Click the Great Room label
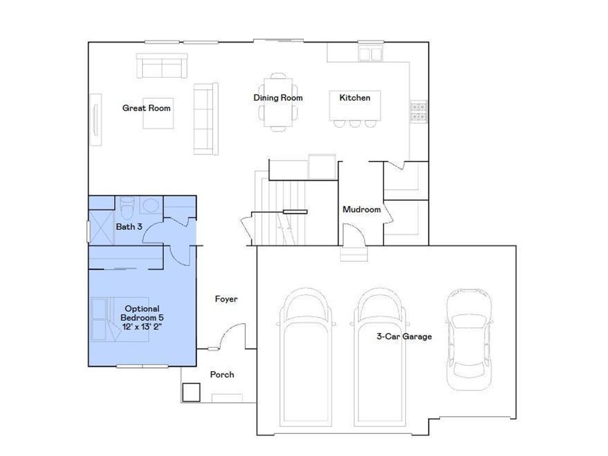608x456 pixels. pos(146,108)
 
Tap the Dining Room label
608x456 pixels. pos(278,98)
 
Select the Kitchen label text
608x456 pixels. pos(354,97)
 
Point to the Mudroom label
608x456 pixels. pos(362,210)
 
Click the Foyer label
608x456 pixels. pos(226,299)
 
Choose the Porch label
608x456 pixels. pos(222,375)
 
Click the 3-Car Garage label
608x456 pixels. pos(404,337)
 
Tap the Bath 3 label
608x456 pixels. pos(129,227)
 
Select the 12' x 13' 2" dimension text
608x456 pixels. pos(142,327)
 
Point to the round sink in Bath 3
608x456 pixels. pos(151,206)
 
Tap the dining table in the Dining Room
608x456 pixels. pos(278,102)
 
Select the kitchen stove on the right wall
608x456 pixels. pos(418,110)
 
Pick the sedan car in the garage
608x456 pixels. pos(469,338)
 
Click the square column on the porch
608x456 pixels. pos(191,392)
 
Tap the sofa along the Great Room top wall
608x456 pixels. pos(162,65)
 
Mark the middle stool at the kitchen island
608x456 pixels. pos(355,123)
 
